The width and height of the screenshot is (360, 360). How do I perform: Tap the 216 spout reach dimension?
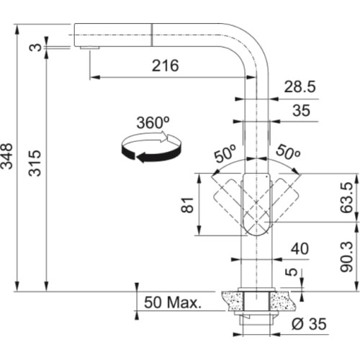coord(166,65)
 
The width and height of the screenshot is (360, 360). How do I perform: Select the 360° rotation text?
coord(152,122)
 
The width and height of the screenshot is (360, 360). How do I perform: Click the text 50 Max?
coord(174,301)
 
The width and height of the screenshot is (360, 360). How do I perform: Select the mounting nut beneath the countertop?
coord(257,315)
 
